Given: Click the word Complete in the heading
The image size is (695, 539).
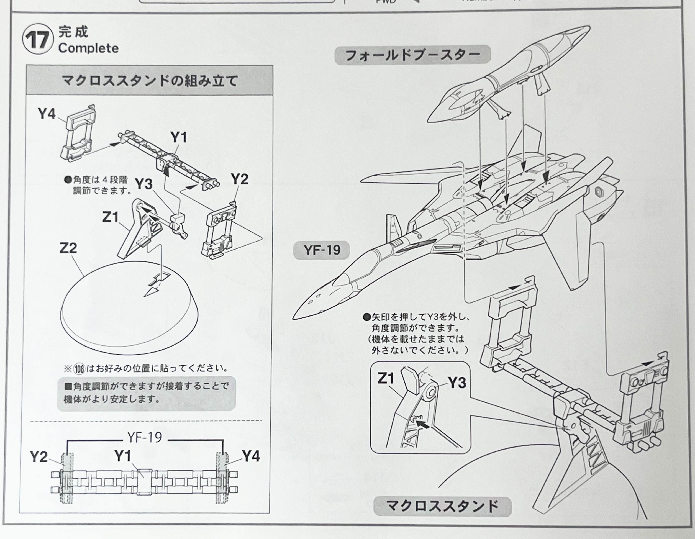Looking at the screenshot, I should [x=88, y=48].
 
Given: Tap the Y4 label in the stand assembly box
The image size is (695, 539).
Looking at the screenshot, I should [x=47, y=114].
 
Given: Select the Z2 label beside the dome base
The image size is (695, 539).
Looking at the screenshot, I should [x=68, y=248].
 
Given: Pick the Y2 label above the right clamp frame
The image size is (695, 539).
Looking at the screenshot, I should [x=239, y=179].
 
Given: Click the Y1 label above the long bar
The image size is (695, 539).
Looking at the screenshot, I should [x=179, y=137].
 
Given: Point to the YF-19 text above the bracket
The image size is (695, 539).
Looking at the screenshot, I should [x=145, y=438].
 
